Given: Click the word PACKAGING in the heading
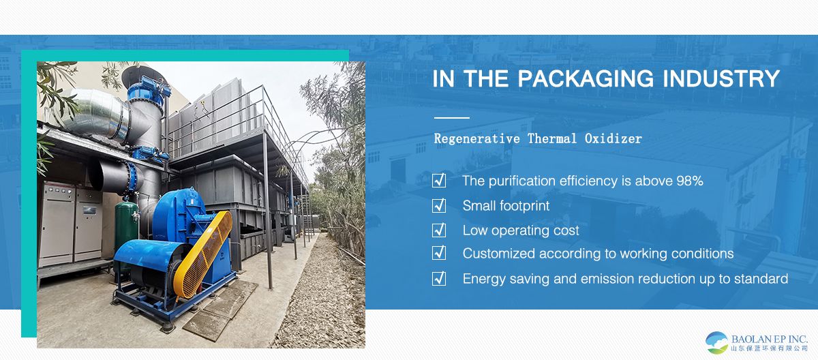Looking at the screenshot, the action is click(x=586, y=78).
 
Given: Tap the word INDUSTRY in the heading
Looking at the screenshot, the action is click(x=722, y=78).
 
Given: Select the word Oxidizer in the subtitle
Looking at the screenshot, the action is click(x=613, y=138).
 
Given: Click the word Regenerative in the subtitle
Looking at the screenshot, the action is click(x=477, y=139).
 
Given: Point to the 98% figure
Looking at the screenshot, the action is click(x=690, y=181).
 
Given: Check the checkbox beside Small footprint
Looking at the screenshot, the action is click(x=439, y=205).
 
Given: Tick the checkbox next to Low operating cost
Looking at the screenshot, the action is click(x=439, y=230).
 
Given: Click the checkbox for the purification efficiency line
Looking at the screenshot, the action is click(x=439, y=181).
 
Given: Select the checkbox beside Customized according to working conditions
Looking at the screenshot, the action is click(x=439, y=253).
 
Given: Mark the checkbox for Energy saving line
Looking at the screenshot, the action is click(x=439, y=279).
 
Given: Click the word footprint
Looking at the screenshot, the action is click(x=524, y=206).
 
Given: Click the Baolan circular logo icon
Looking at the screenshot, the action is click(x=717, y=342).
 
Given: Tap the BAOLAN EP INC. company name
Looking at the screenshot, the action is click(x=770, y=339).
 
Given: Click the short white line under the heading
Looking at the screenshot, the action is click(x=452, y=118).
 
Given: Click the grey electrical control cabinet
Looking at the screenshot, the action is click(x=70, y=224).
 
